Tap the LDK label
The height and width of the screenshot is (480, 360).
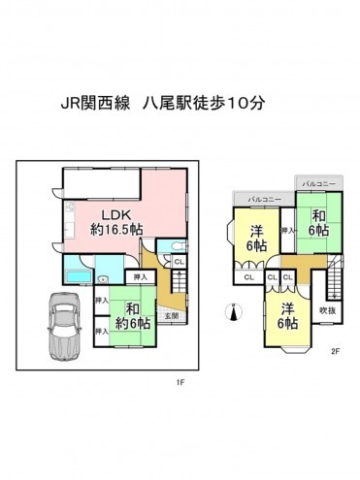(x=114, y=213)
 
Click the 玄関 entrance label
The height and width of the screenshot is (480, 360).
(x=171, y=315)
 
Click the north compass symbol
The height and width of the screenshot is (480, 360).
(x=230, y=311)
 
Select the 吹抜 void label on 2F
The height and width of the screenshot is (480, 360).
(x=327, y=310)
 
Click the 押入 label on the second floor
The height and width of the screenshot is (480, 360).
(x=286, y=231)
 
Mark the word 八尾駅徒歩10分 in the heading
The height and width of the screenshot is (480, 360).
(x=208, y=101)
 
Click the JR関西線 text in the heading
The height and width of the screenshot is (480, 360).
(x=94, y=101)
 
